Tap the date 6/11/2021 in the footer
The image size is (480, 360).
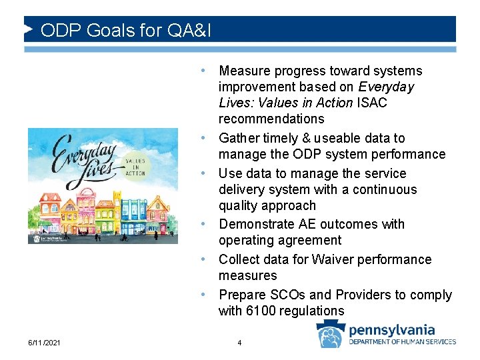point(45,343)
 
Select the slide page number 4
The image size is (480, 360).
point(239,343)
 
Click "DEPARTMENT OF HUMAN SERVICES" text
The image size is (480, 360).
point(403,342)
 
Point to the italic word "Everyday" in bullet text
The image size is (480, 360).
point(386,87)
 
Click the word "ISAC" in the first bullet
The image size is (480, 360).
point(371,103)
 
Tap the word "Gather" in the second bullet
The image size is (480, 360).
point(239,138)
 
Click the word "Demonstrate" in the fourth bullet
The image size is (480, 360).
point(255,224)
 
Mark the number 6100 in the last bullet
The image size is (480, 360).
point(261,311)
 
